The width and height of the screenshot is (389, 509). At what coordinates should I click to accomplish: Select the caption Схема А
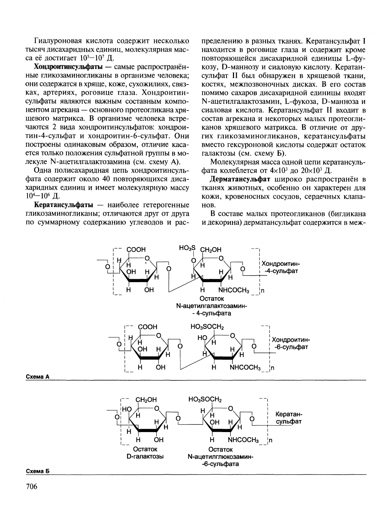(x=38, y=376)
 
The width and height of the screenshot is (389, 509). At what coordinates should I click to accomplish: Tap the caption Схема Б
(x=38, y=471)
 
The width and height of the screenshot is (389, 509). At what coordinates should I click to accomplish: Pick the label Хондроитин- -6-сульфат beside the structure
(x=291, y=343)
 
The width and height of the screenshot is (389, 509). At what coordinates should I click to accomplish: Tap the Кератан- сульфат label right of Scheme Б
(x=289, y=418)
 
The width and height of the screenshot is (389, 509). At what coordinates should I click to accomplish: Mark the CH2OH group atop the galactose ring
(x=146, y=400)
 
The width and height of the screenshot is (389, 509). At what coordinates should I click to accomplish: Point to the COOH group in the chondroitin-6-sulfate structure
(x=148, y=327)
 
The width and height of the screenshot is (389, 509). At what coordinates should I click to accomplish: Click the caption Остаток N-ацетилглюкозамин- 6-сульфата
(x=220, y=457)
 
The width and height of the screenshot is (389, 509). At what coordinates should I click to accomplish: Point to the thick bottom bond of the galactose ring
(x=148, y=430)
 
